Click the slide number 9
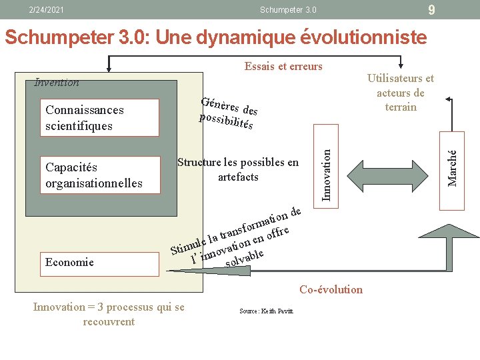(x=432, y=9)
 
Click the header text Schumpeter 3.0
(x=287, y=10)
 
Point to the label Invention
(x=57, y=83)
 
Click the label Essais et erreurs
(x=283, y=66)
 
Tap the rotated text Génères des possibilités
(x=229, y=113)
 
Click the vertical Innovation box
(x=326, y=171)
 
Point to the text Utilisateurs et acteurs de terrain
(x=400, y=93)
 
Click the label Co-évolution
(x=331, y=289)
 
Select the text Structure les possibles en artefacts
(x=238, y=169)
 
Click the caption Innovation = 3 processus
(x=109, y=314)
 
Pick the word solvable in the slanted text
(x=245, y=258)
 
